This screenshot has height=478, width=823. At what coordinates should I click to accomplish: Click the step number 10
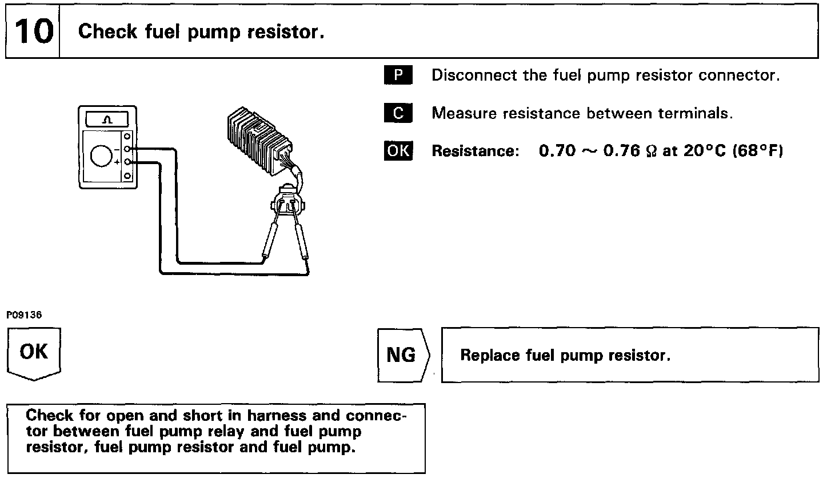tap(33, 32)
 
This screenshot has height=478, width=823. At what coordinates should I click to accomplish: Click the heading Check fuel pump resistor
tap(201, 32)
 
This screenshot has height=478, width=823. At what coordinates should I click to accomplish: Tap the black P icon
tap(398, 75)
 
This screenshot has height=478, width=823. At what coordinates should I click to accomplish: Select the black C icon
tap(398, 113)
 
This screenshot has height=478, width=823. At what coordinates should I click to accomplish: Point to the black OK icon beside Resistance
tap(398, 151)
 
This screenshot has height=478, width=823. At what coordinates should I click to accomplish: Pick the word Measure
tap(464, 113)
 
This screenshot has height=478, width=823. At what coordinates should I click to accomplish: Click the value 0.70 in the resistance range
tap(557, 151)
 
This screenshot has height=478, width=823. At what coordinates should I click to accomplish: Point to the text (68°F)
tap(757, 151)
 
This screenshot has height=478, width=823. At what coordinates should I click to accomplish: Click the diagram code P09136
tap(24, 315)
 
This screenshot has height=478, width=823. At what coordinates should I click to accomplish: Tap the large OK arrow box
tap(34, 353)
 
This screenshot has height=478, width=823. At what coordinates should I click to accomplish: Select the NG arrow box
tap(402, 356)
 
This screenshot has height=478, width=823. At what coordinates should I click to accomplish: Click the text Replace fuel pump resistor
tap(565, 356)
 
